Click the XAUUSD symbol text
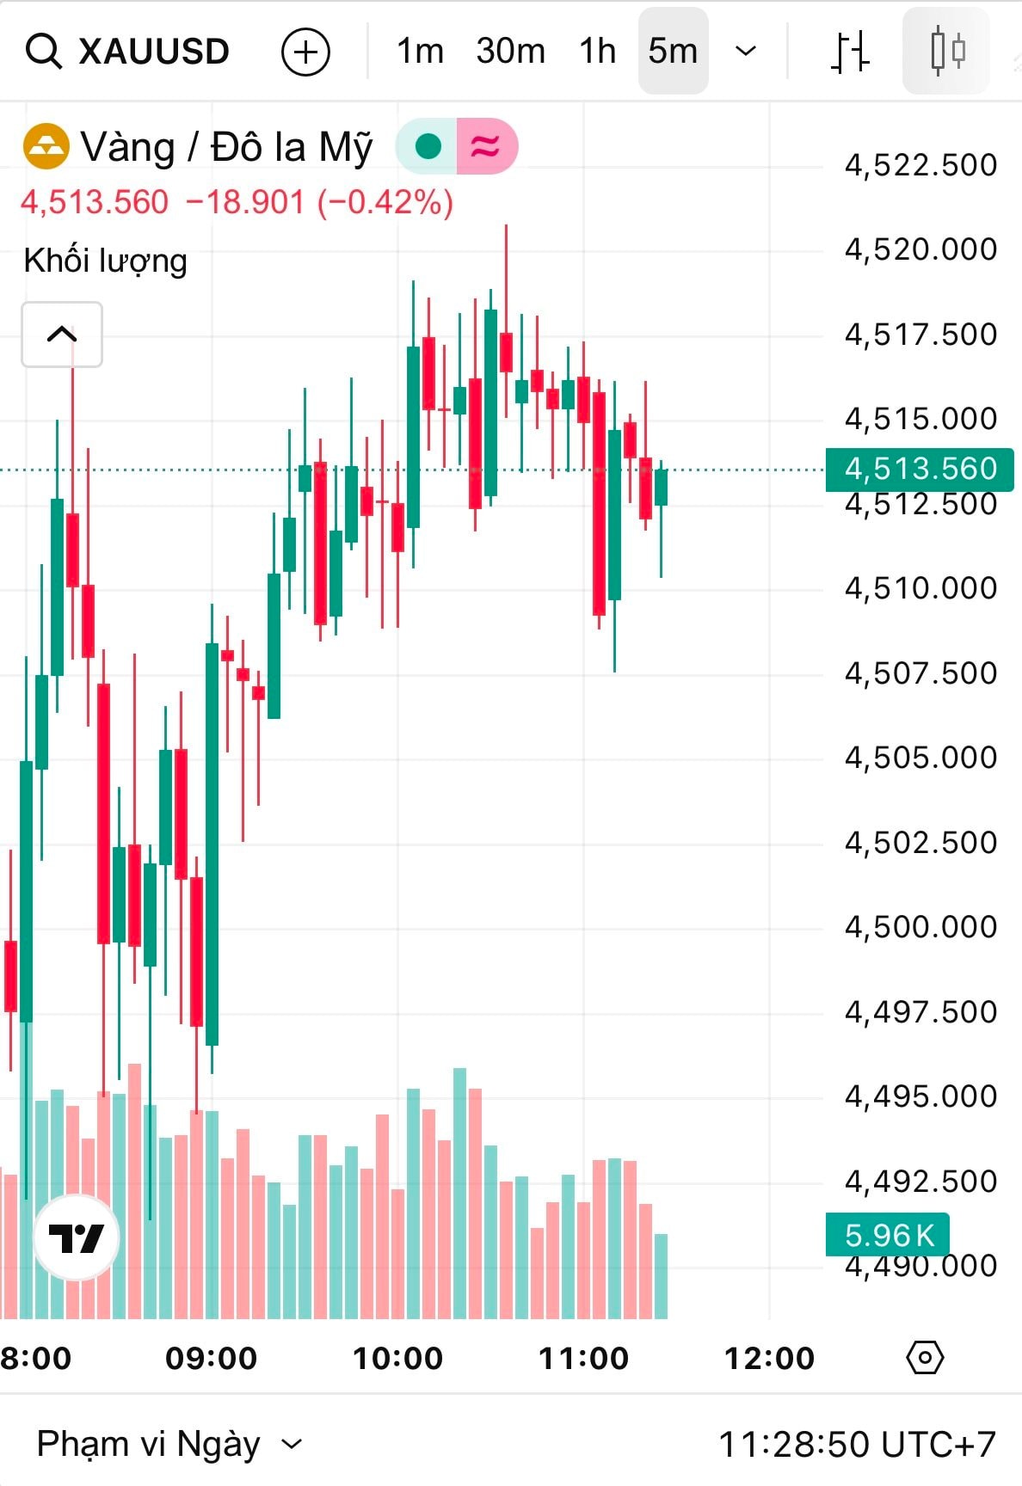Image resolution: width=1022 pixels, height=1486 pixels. click(154, 52)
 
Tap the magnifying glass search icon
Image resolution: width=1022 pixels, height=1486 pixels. click(43, 52)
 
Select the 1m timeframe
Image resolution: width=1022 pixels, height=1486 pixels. click(420, 52)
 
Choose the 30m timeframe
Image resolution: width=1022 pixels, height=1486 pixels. click(510, 52)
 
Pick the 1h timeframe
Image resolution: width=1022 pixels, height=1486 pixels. click(597, 52)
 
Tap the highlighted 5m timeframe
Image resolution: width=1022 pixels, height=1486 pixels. click(673, 52)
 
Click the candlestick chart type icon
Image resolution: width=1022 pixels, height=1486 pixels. click(947, 52)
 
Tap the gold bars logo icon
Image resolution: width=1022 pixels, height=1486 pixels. click(46, 147)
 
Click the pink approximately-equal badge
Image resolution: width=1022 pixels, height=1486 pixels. click(486, 147)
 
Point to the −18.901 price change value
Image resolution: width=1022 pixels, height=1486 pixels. click(245, 203)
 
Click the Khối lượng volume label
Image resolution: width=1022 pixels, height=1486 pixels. click(105, 261)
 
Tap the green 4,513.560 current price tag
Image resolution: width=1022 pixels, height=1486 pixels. click(919, 469)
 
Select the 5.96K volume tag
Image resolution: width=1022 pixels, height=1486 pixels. click(888, 1235)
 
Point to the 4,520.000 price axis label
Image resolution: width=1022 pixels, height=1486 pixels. click(920, 249)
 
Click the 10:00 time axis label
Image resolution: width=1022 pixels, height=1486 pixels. click(397, 1358)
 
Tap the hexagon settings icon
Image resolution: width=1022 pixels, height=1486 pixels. click(925, 1358)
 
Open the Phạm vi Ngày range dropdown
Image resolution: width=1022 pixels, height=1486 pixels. click(169, 1444)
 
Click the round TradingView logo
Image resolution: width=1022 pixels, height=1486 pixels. click(77, 1237)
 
